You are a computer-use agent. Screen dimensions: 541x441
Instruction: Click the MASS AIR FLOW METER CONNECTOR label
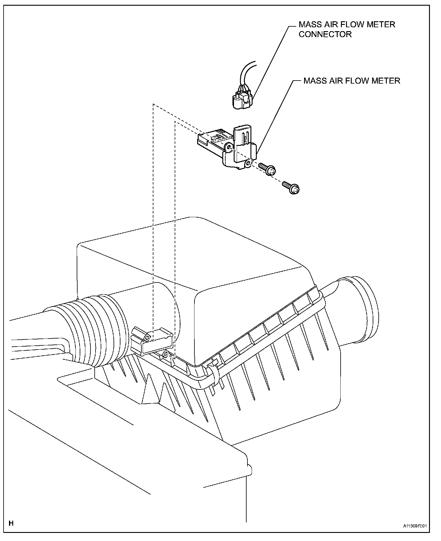point(347,29)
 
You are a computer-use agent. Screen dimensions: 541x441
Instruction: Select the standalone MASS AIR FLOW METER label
point(352,81)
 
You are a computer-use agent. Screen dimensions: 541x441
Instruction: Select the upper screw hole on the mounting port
point(147,338)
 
